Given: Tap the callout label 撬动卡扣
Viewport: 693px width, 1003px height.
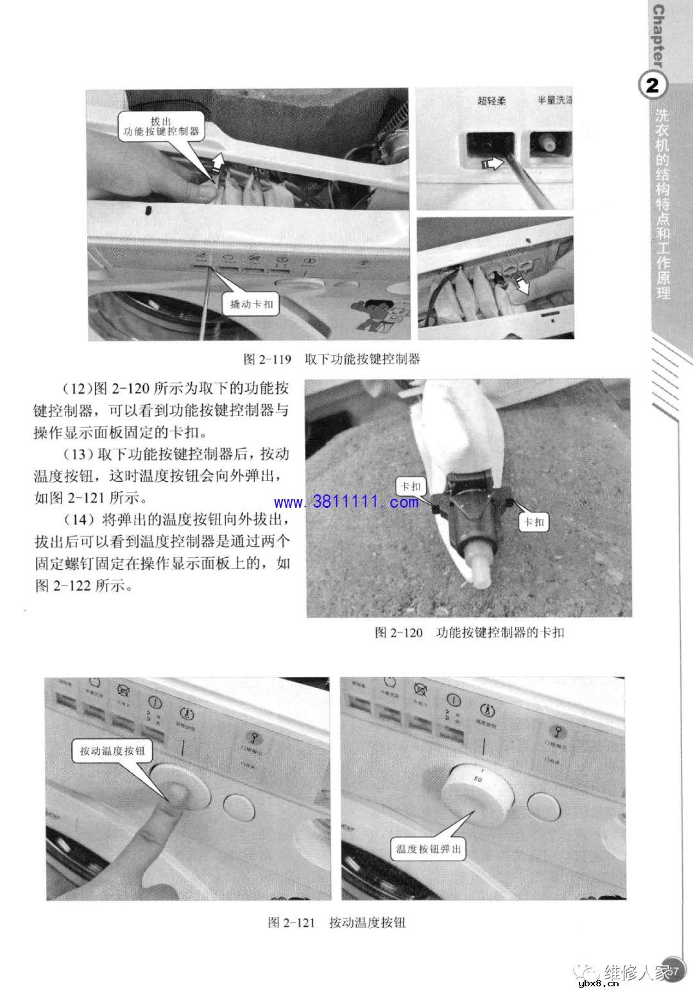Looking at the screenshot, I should (x=252, y=304).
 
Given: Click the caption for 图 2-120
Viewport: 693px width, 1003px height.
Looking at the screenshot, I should (x=469, y=632).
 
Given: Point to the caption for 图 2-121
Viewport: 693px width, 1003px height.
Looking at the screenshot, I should (x=336, y=923).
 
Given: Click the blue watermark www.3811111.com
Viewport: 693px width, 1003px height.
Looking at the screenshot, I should (x=346, y=502).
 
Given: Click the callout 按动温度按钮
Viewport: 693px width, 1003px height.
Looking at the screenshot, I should (x=112, y=751).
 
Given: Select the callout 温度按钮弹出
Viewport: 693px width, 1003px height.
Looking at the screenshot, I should (x=429, y=848).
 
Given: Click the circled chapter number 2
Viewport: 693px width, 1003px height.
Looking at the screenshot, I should (x=653, y=86).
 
